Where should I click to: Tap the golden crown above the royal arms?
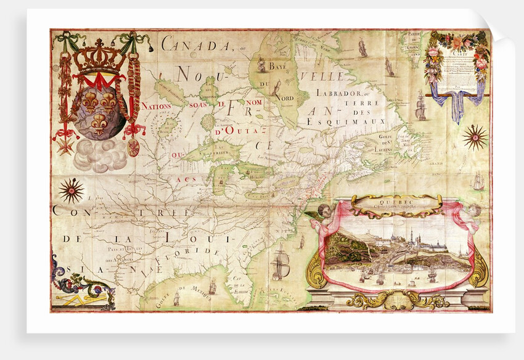point(98,57)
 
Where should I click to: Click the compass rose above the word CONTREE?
point(71,190)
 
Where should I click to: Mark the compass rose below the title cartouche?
point(475,137)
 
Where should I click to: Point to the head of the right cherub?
point(473,210)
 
